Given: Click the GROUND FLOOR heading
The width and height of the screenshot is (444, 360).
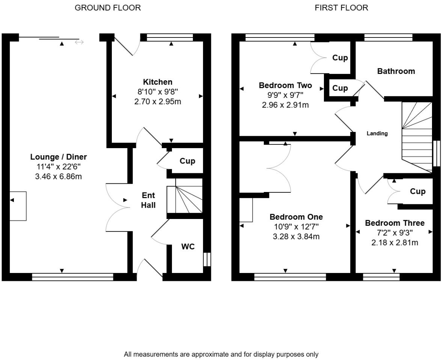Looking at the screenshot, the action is click(108, 7).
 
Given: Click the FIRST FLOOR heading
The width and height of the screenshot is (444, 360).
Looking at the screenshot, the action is click(341, 7).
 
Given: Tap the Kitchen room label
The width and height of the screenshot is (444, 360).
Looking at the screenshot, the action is click(158, 82).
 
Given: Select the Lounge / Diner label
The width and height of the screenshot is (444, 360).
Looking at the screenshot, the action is click(59, 157).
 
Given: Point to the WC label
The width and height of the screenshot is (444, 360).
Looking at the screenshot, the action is click(188, 247).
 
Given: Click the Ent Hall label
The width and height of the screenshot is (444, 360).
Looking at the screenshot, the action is click(148, 200).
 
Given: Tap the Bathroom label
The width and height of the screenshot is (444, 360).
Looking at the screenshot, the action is click(396, 71).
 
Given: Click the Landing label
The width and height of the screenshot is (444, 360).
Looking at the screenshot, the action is click(377, 133).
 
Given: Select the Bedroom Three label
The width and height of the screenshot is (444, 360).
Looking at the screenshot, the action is click(395, 223).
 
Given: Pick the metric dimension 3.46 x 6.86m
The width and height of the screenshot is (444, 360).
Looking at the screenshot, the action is click(58, 177).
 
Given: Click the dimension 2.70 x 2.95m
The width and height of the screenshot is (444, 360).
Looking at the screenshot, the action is click(158, 102).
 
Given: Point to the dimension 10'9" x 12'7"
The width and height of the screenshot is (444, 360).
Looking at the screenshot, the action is click(296, 227).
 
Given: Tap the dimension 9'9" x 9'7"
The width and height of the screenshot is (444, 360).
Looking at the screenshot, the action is click(285, 95).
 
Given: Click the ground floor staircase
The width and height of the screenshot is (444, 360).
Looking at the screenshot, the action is click(185, 199).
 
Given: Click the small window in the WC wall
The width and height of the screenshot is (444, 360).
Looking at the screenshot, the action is click(207, 259).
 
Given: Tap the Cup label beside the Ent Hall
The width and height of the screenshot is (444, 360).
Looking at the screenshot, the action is click(187, 161).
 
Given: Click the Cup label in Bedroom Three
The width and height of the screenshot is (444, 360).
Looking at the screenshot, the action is click(418, 192).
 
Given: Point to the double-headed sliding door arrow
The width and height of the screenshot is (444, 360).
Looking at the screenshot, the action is click(79, 42).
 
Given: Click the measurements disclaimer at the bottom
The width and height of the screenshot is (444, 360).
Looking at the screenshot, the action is click(221, 354).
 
